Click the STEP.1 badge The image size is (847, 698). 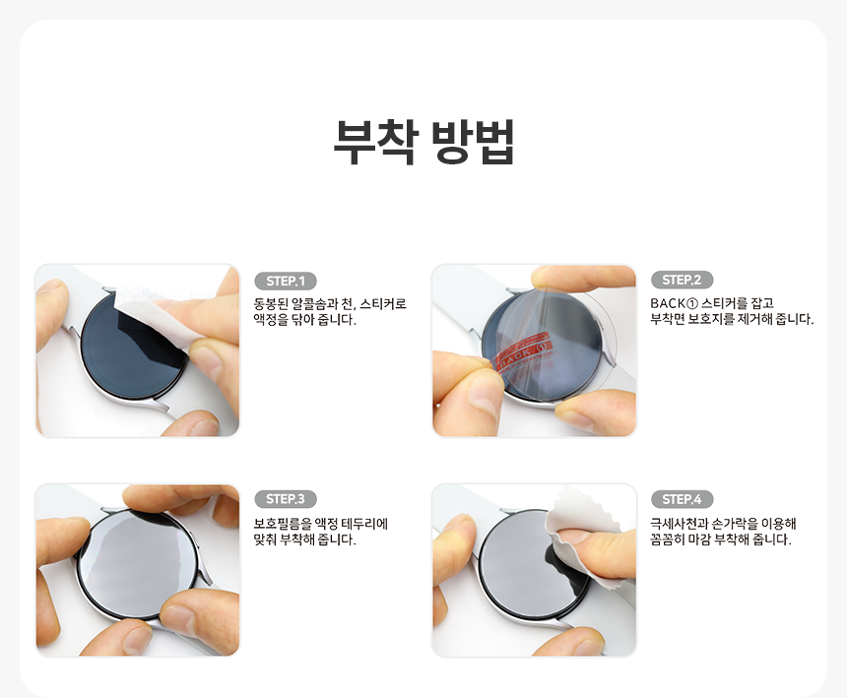point(286,282)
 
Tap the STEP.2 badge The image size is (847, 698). point(682,280)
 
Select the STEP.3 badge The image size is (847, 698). point(286,499)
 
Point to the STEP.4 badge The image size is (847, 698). point(682,499)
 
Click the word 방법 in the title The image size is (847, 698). point(473,142)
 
